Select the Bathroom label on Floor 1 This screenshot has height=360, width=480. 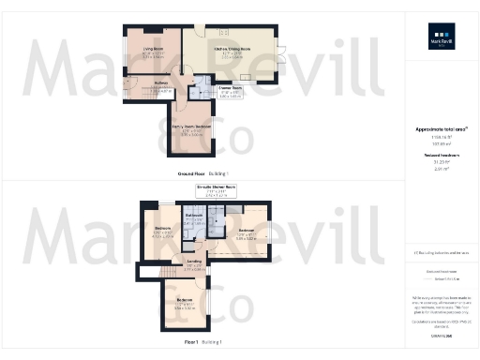194,216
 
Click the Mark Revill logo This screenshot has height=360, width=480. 440,38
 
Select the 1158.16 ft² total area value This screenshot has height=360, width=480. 440,138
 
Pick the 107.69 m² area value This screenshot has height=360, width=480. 440,144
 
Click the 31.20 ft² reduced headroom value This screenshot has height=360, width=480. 440,163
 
